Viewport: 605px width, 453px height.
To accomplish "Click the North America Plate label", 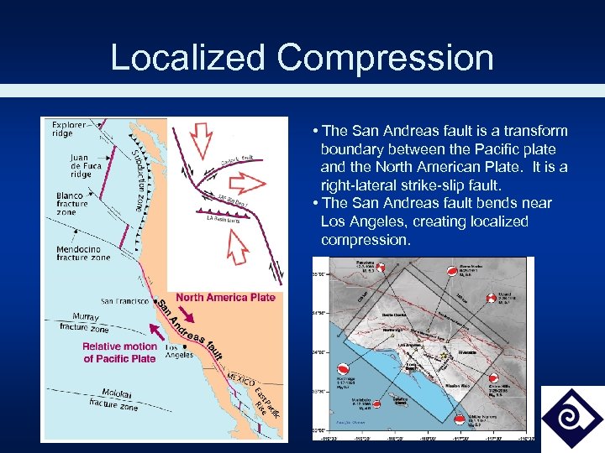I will point(225,297).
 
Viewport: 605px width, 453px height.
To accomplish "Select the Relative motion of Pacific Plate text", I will point(119,352).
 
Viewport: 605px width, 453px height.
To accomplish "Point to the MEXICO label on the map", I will point(241,379).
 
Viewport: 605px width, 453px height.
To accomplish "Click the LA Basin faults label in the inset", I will point(223,220).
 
